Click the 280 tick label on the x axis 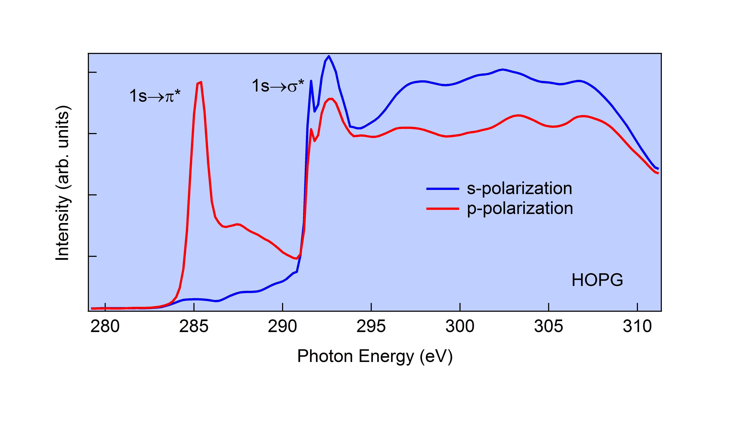click(x=105, y=326)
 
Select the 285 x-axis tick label click(x=194, y=326)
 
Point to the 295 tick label click(x=371, y=326)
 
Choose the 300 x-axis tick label click(x=460, y=326)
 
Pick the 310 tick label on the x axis click(x=637, y=326)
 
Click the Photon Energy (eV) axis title click(x=375, y=356)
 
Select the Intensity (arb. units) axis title click(x=63, y=182)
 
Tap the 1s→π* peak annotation click(x=155, y=96)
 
